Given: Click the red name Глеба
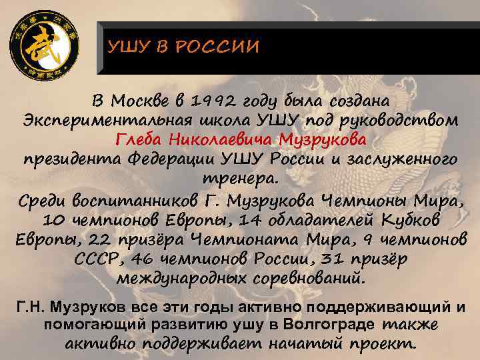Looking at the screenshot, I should click(x=140, y=141).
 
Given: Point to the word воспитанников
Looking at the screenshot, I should click(x=131, y=200).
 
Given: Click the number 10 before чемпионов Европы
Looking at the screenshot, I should click(x=53, y=219).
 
